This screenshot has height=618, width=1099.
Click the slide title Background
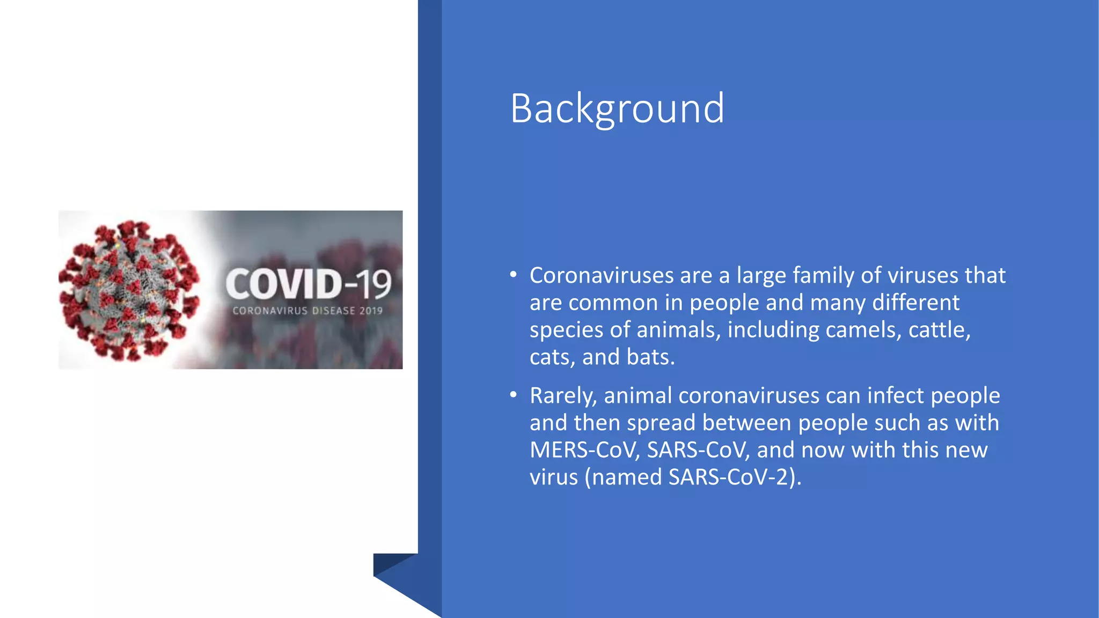tap(617, 108)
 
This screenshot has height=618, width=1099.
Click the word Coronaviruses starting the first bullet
tap(601, 275)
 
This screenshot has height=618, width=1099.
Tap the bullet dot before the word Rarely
tap(514, 395)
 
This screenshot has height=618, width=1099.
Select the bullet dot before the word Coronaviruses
tap(514, 275)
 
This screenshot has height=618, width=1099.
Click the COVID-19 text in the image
tap(308, 284)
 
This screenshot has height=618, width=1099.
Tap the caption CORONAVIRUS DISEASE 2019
tap(307, 311)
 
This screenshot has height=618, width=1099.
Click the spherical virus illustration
tap(129, 290)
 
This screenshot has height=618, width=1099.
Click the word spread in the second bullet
tap(661, 423)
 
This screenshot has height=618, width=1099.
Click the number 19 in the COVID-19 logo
tap(375, 284)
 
